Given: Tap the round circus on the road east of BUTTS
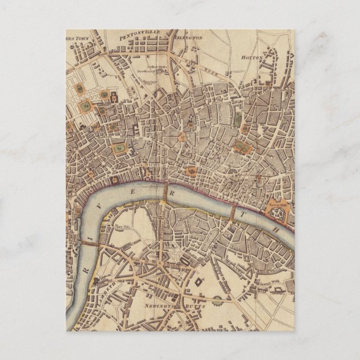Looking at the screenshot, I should tap(217, 301).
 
